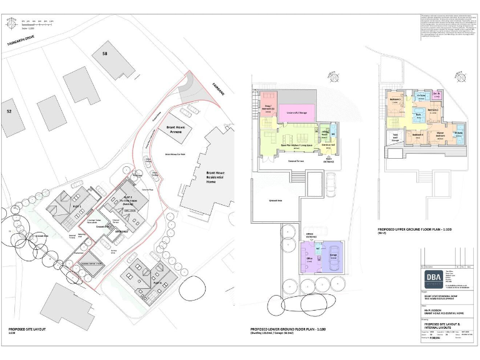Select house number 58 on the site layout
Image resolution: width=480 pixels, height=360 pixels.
coord(104,54)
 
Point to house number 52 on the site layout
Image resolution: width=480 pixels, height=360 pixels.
coord(9,111)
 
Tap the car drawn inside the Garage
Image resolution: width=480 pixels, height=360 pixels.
coord(335,262)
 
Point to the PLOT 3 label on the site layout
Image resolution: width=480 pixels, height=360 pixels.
coord(156,282)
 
